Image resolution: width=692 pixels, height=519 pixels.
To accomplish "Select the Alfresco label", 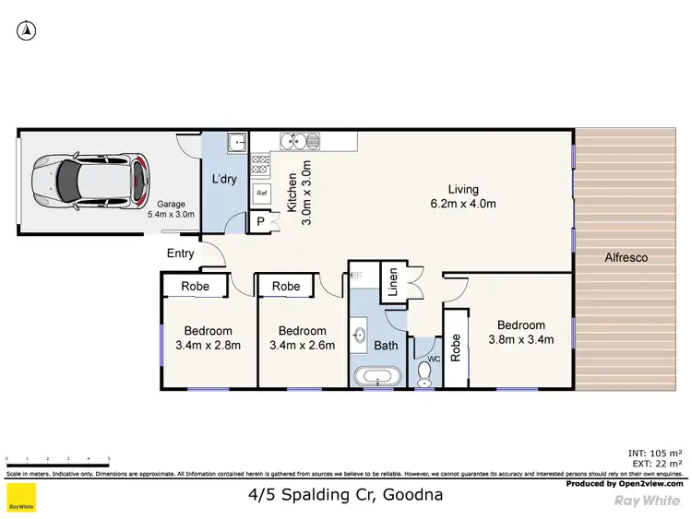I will [x=626, y=258].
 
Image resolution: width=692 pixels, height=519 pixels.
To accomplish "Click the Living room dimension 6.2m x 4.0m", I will [x=463, y=204].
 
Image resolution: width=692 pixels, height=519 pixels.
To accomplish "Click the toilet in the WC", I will [x=424, y=372].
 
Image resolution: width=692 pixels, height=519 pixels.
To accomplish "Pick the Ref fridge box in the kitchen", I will [x=261, y=193].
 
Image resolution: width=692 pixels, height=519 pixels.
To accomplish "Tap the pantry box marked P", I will [x=261, y=222].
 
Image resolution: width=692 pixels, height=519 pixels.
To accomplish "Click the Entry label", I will [x=181, y=254].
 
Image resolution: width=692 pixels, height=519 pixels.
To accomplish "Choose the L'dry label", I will [x=226, y=179].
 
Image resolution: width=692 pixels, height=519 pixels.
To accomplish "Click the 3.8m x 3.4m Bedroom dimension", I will [x=520, y=339].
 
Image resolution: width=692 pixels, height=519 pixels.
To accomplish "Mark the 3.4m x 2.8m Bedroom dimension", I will [x=208, y=346].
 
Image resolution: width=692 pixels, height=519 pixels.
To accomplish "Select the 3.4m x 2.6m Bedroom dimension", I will [x=302, y=346].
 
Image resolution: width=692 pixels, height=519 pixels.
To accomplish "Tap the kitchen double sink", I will [x=302, y=141].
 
